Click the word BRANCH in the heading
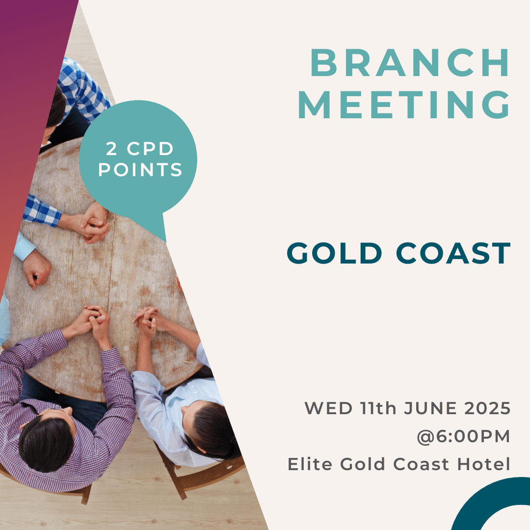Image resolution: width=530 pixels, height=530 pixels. tap(409, 63)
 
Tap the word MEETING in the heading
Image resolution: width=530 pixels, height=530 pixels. tap(403, 105)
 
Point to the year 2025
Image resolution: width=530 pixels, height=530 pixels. tap(487, 408)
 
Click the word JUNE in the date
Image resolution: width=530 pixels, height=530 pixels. tap(431, 408)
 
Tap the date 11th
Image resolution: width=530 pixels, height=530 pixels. tap(378, 408)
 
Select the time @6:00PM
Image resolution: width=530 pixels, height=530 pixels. tap(463, 436)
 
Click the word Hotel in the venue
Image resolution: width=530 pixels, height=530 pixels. tap(484, 464)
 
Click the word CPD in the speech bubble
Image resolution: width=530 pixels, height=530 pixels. tap(150, 149)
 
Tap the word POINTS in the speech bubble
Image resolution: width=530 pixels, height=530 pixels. tap(140, 170)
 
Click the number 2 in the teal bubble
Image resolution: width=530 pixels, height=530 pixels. tap(111, 149)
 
